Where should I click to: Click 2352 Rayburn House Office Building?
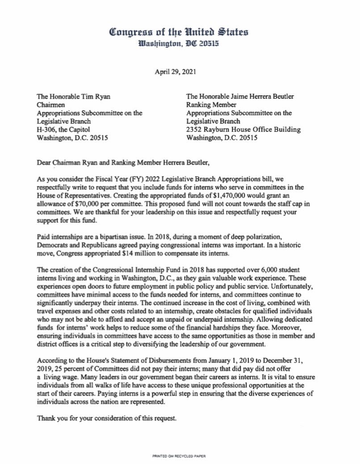(x=242, y=130)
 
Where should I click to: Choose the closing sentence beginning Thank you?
(x=105, y=407)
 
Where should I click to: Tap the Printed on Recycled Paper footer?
(x=180, y=456)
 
